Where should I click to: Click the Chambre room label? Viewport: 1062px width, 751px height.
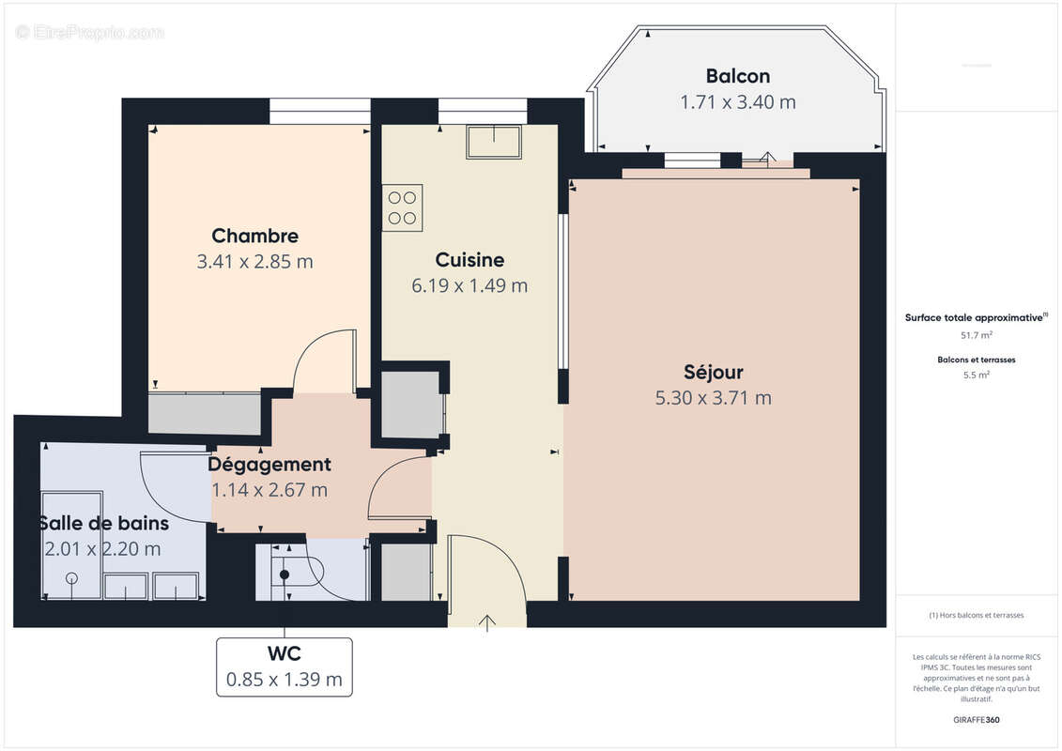[x=254, y=237]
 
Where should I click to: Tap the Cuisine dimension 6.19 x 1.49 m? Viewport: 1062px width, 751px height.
[x=469, y=285]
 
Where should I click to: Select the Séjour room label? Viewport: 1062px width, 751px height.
[x=714, y=373]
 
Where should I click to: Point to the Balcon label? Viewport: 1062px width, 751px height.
[x=738, y=76]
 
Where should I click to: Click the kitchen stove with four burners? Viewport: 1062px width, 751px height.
[x=402, y=207]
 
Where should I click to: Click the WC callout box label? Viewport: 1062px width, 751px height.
[x=284, y=652]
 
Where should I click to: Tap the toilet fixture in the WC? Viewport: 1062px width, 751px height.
[x=285, y=574]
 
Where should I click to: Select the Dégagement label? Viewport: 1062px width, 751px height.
[x=269, y=464]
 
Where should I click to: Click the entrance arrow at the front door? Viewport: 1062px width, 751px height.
[x=487, y=622]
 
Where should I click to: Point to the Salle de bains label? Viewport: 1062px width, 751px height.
[x=103, y=523]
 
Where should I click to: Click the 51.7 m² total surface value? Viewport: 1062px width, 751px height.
[x=977, y=334]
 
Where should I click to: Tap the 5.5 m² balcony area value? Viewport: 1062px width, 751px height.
[x=977, y=375]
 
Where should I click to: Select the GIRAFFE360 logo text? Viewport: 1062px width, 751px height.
[x=977, y=720]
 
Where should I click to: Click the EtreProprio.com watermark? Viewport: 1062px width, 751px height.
[x=89, y=32]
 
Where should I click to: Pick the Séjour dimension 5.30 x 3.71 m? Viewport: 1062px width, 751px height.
[x=714, y=398]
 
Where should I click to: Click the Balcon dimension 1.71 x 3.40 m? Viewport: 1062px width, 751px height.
[x=738, y=102]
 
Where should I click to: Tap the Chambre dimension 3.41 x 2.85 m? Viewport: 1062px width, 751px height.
[x=254, y=262]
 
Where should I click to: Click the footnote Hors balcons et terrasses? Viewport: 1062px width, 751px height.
[x=977, y=615]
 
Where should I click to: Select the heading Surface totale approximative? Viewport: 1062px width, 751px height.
[x=975, y=317]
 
